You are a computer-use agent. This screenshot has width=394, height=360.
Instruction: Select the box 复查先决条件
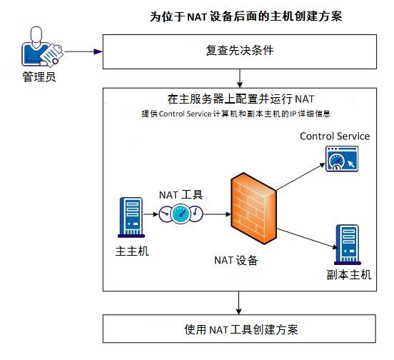coord(240,51)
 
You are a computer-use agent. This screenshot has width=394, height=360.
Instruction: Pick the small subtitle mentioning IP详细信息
coord(236,114)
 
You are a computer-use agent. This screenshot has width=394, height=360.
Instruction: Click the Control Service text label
coord(335,136)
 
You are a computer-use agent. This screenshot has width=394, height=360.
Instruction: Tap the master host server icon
coord(132,218)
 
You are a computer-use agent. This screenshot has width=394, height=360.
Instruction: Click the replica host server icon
coord(347,244)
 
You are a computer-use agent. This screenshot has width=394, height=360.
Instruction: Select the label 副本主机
coord(347,276)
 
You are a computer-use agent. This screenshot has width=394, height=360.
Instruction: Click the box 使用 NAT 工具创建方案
coord(240,329)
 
